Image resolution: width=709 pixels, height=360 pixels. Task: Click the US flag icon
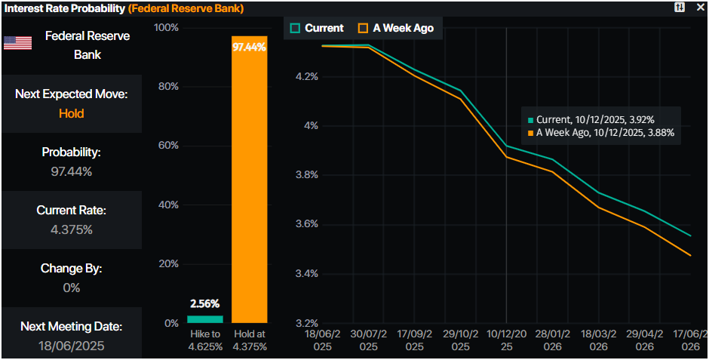pos(17,43)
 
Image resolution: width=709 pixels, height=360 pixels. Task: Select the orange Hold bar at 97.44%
pos(249,181)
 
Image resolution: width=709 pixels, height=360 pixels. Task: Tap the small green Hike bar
pos(204,319)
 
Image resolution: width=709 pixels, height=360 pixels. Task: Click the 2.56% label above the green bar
pos(204,304)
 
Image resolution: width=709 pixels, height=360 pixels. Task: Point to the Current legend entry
pos(317,28)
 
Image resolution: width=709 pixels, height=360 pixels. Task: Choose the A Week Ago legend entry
pos(395,28)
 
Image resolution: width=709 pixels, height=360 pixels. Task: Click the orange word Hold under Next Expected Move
pos(71,113)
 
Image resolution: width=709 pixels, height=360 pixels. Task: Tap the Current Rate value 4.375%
pos(71,229)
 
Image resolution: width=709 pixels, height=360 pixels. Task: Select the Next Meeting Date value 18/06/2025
pos(71,346)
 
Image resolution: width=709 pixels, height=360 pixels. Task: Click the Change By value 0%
pos(71,288)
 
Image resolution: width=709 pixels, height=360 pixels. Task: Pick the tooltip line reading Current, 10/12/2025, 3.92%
pos(591,119)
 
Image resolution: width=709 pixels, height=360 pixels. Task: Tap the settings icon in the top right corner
pos(680,7)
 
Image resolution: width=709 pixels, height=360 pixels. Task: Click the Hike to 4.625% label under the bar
pos(204,341)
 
